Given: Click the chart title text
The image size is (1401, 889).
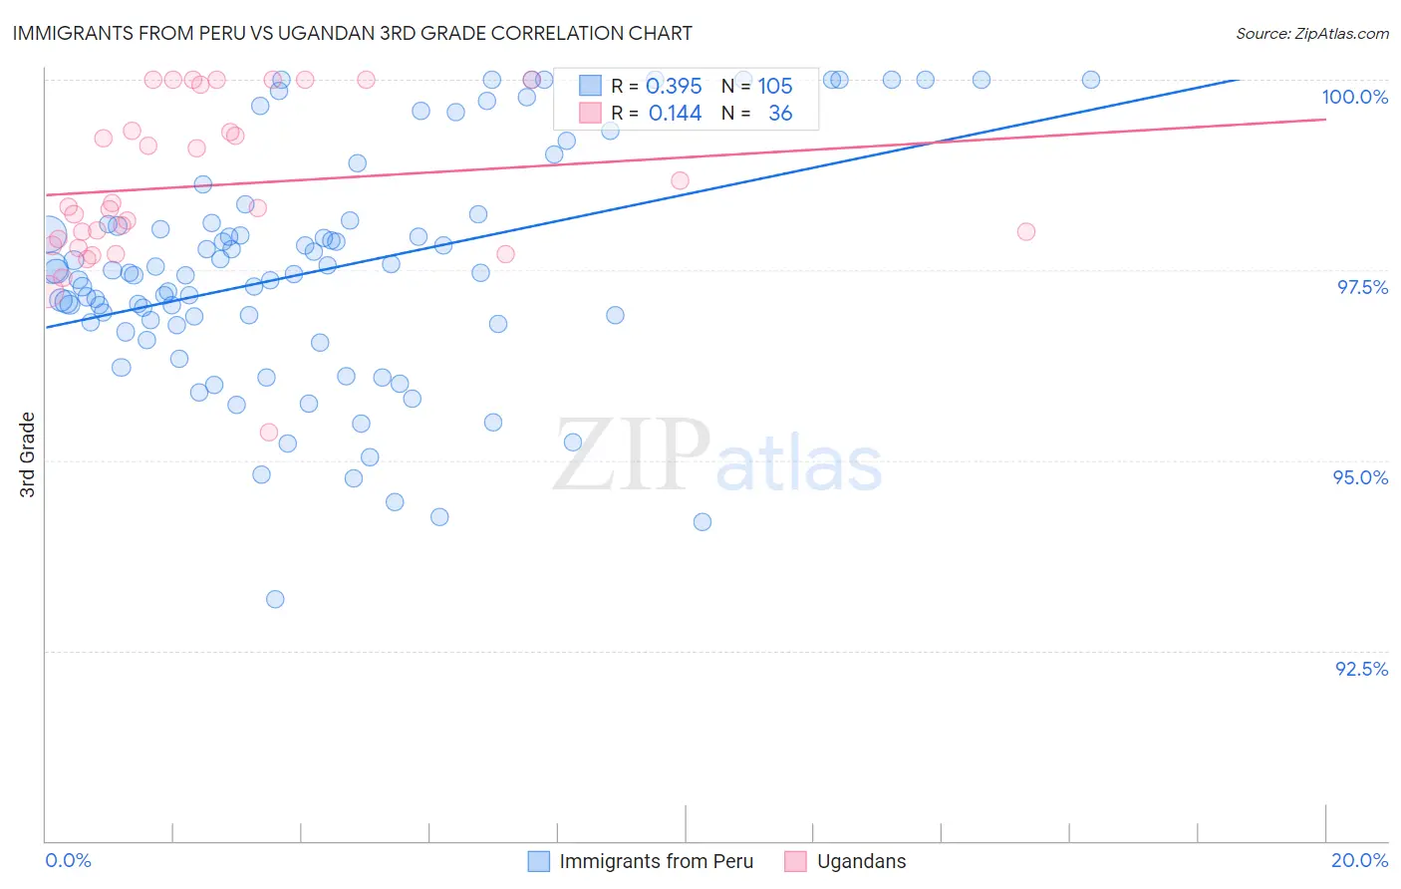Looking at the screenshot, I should pos(353,33).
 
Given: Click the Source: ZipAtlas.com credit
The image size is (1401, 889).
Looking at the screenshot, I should pos(1311,33).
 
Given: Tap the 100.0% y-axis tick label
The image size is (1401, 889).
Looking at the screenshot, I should pos(1354,97).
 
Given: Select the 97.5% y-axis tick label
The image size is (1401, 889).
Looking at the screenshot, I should pos(1361,287).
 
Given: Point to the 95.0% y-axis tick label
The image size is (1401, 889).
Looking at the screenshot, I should pos(1360,477).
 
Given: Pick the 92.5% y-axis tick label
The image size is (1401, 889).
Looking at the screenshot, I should pos(1361,669).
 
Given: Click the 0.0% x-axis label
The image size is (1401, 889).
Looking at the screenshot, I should pos(68,860).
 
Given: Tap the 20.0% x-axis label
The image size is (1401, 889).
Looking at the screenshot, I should pos(1359,860).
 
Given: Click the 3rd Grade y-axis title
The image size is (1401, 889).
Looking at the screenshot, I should pos(28,453).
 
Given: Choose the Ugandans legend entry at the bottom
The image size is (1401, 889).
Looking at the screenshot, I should pos(861,861).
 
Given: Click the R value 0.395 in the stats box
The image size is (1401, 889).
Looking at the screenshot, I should pos(675,87).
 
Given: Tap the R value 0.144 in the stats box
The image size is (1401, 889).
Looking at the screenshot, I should pos(675,114).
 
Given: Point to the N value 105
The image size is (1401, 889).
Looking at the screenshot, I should pos(774,87).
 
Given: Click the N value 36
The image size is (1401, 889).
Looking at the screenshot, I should pos(780,114).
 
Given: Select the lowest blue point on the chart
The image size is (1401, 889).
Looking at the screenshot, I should pos(275,599).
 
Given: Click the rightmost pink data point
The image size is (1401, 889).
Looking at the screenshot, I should pos(1026,231).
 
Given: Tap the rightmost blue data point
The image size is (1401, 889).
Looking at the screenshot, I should pos(1091,80).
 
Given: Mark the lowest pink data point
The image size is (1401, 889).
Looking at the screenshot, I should pos(268,432).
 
